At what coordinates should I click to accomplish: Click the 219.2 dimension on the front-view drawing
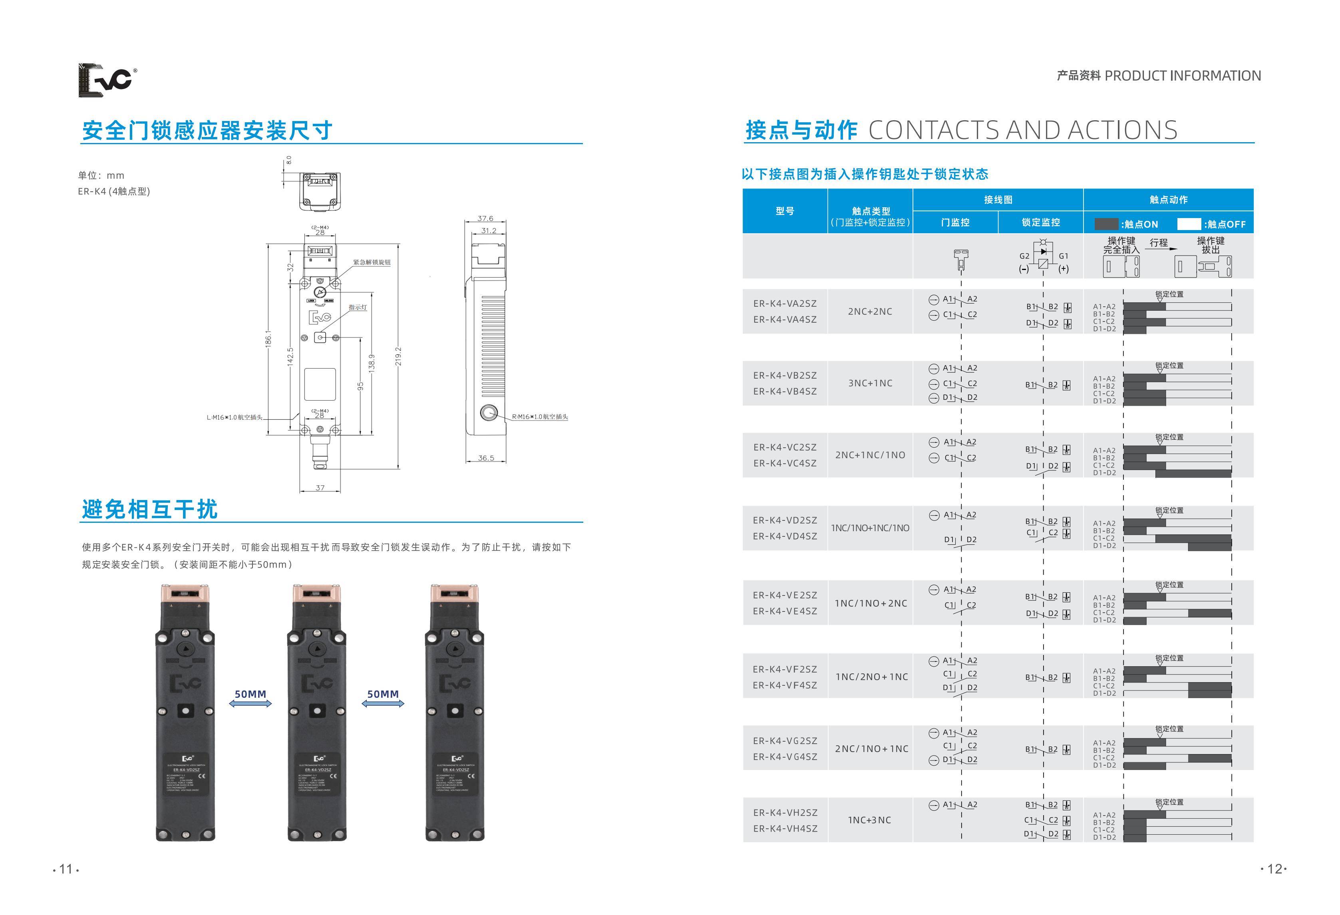pyautogui.click(x=398, y=356)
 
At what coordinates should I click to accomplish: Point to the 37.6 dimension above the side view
pyautogui.click(x=485, y=218)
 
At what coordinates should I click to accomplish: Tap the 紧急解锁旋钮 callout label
pyautogui.click(x=372, y=262)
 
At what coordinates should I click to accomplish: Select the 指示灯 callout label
pyautogui.click(x=358, y=307)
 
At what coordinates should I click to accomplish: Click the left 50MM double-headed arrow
pyautogui.click(x=250, y=703)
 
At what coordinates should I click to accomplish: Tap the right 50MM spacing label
pyautogui.click(x=383, y=694)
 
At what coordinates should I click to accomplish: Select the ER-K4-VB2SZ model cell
pyautogui.click(x=785, y=375)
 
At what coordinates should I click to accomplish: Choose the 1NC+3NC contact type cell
pyautogui.click(x=869, y=820)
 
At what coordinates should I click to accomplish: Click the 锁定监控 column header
pyautogui.click(x=1041, y=222)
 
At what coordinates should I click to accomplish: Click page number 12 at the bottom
pyautogui.click(x=1274, y=869)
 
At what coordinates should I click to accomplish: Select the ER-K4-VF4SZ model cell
pyautogui.click(x=785, y=685)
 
